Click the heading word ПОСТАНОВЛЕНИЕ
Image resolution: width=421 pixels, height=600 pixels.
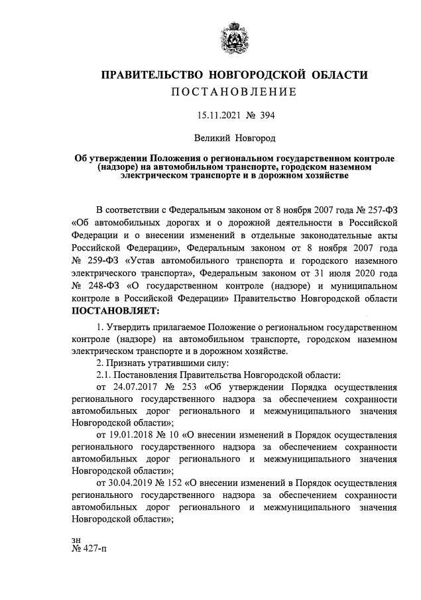click(233, 91)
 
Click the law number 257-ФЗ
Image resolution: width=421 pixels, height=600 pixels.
click(379, 208)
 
